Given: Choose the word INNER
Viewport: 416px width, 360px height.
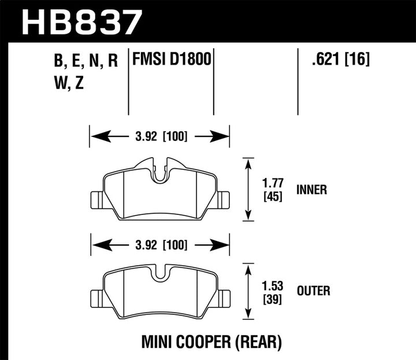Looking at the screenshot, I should (312, 190).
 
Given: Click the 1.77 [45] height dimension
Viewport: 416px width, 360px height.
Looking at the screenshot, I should (272, 190).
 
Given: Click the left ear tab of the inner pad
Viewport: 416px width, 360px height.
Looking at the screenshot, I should (96, 199).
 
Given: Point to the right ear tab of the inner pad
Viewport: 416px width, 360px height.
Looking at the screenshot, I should (223, 199).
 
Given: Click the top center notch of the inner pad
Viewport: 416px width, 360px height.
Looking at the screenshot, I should (160, 169).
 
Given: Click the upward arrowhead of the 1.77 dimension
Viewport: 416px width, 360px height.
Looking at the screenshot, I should (248, 164).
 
